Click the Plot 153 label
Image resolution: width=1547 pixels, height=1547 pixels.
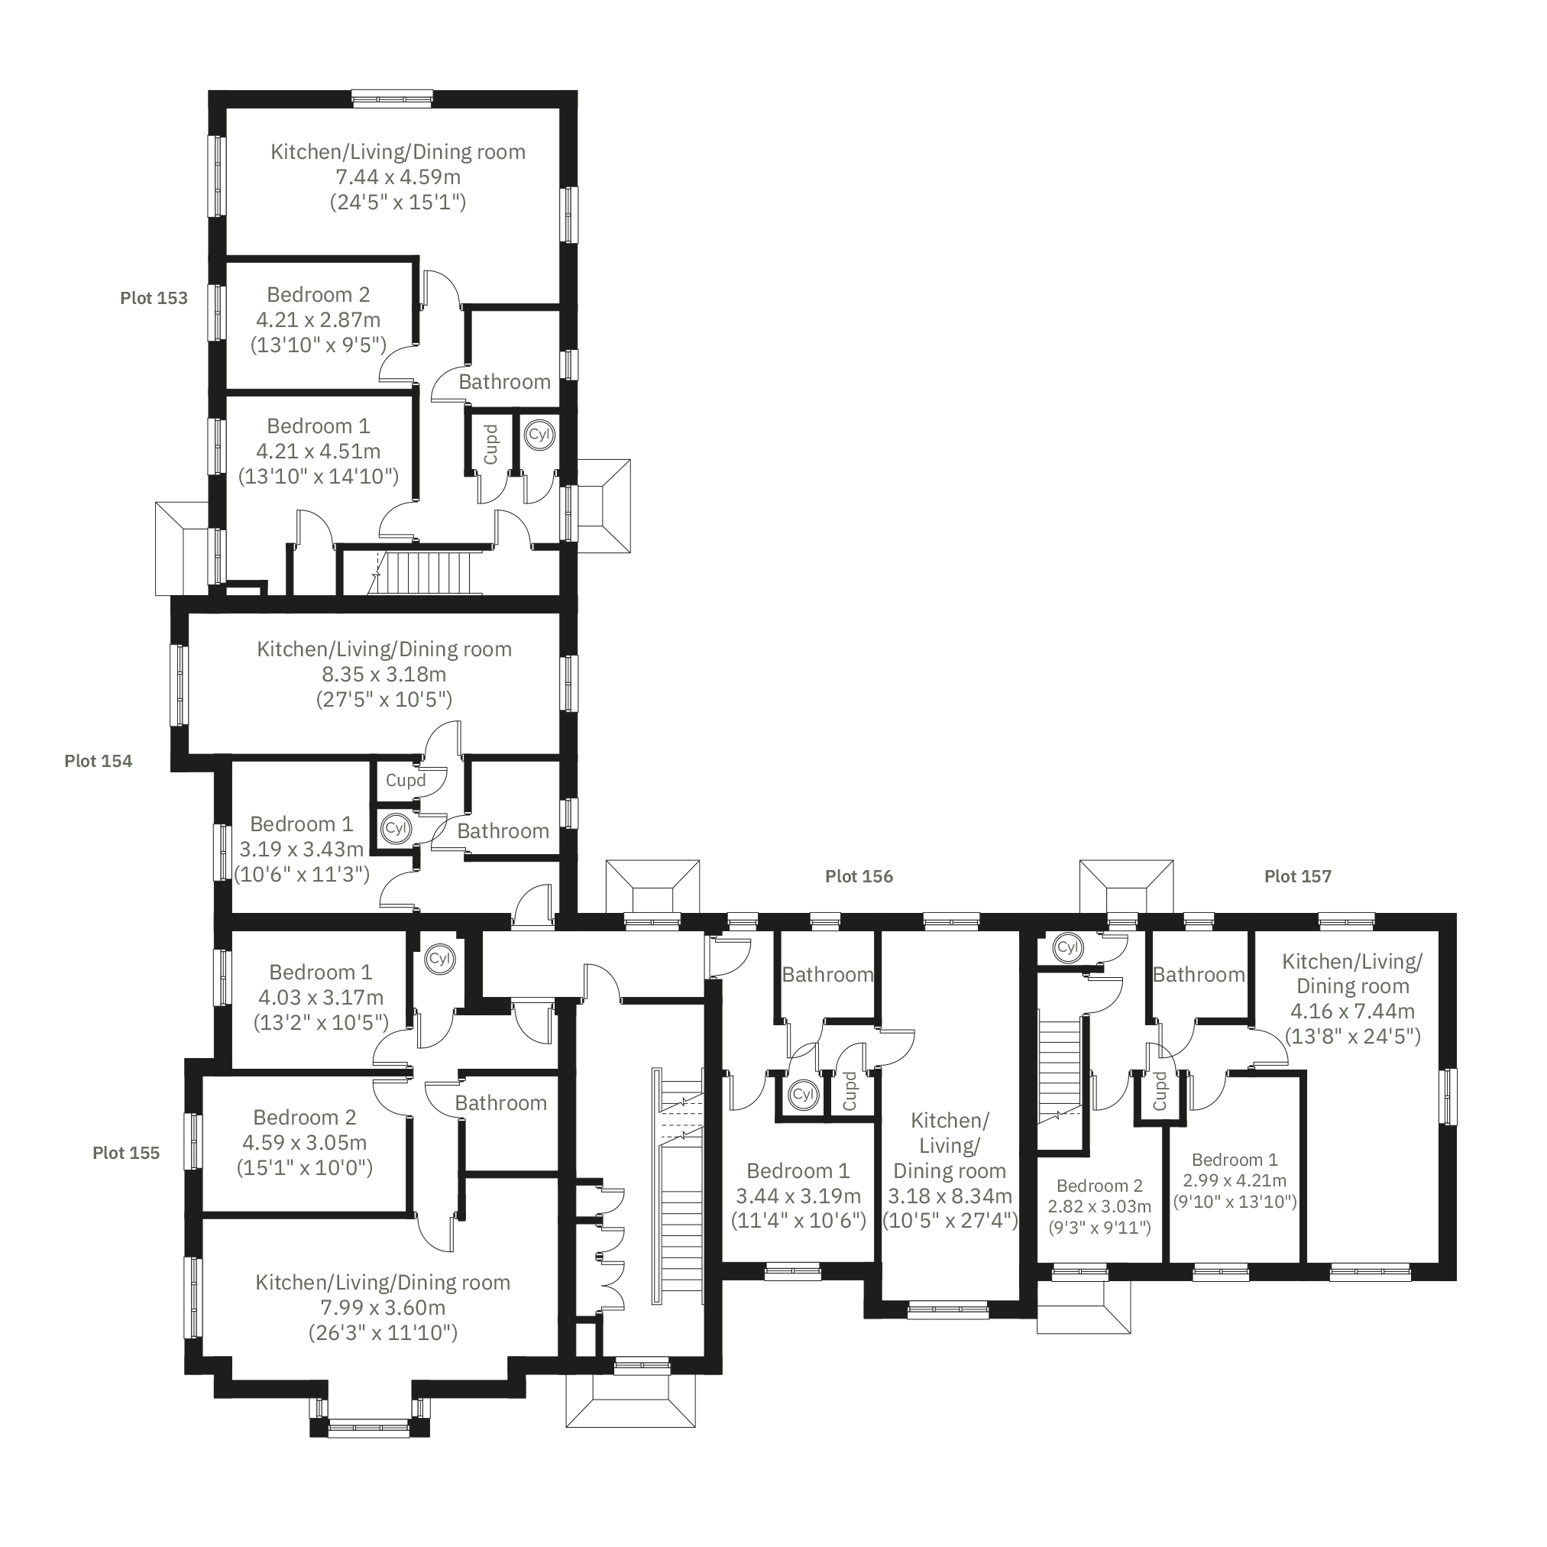(x=154, y=298)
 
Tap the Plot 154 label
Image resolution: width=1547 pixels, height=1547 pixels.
(x=99, y=761)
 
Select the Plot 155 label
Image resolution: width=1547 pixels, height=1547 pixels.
(x=127, y=1152)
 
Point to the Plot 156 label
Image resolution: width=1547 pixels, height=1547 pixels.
(x=859, y=876)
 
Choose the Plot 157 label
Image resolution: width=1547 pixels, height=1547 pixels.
(x=1298, y=876)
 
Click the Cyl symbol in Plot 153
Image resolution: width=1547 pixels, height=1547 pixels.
(x=539, y=435)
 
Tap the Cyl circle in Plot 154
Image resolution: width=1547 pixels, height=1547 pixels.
(x=396, y=828)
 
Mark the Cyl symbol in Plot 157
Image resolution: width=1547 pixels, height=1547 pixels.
(x=1068, y=947)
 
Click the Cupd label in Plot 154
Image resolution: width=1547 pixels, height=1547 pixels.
(x=406, y=780)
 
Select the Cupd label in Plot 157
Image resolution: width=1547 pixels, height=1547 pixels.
(x=1160, y=1091)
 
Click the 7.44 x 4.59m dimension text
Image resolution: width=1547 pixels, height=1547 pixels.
(x=398, y=177)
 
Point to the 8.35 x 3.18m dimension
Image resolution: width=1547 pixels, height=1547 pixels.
(x=384, y=675)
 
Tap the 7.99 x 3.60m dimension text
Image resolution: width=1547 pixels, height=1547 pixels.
(x=383, y=1308)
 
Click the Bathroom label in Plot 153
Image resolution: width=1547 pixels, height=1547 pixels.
(x=504, y=382)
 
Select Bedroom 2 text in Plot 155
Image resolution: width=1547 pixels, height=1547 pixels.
(x=305, y=1117)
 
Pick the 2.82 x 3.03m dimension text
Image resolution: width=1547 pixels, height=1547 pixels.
(x=1099, y=1206)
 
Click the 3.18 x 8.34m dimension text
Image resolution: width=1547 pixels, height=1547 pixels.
(x=950, y=1196)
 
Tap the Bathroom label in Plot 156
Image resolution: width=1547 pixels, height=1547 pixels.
(x=827, y=975)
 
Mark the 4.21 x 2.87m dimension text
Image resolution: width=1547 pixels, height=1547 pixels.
(x=319, y=319)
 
